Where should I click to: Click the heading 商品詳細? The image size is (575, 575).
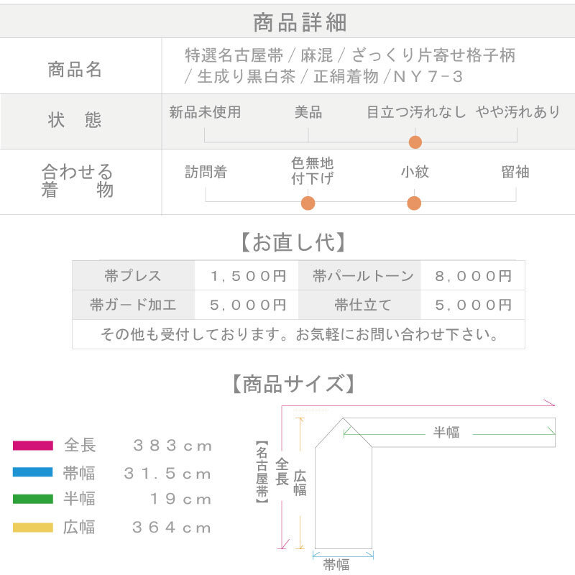pos(300,22)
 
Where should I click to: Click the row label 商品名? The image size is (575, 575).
pos(75,70)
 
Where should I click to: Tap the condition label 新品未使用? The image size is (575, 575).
pos(205,112)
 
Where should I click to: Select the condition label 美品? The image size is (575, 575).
pos(308,112)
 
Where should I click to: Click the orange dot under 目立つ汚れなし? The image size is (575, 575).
pos(415,142)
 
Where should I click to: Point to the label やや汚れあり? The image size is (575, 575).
pos(517,112)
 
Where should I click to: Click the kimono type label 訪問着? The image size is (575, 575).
pos(206,172)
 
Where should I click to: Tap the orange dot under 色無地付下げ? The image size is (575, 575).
pos(308,203)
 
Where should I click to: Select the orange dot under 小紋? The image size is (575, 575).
pos(414,203)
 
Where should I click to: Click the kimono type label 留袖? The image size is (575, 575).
pos(515,172)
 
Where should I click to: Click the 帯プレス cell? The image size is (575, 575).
pos(133,275)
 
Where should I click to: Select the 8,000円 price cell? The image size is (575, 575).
pos(473,275)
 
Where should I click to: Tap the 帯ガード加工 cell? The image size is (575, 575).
pos(133,305)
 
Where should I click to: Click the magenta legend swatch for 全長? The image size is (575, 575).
pos(33,446)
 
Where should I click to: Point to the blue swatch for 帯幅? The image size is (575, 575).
pos(33,473)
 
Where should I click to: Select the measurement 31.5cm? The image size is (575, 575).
pos(168,474)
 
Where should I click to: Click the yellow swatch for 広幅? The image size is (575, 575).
pos(33,528)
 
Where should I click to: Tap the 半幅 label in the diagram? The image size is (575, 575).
pos(446,433)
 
